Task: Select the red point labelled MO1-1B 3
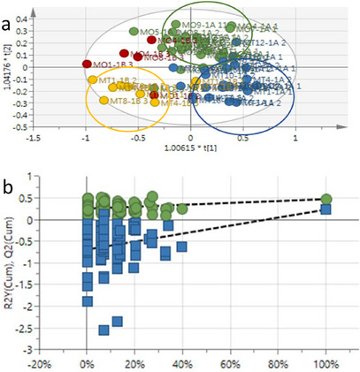[x=87, y=64]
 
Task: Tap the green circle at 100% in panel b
[x=326, y=200]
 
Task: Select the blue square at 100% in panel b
[x=326, y=209]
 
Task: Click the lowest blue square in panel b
[x=103, y=330]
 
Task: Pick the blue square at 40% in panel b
[x=182, y=247]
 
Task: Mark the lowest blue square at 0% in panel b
[x=87, y=301]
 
